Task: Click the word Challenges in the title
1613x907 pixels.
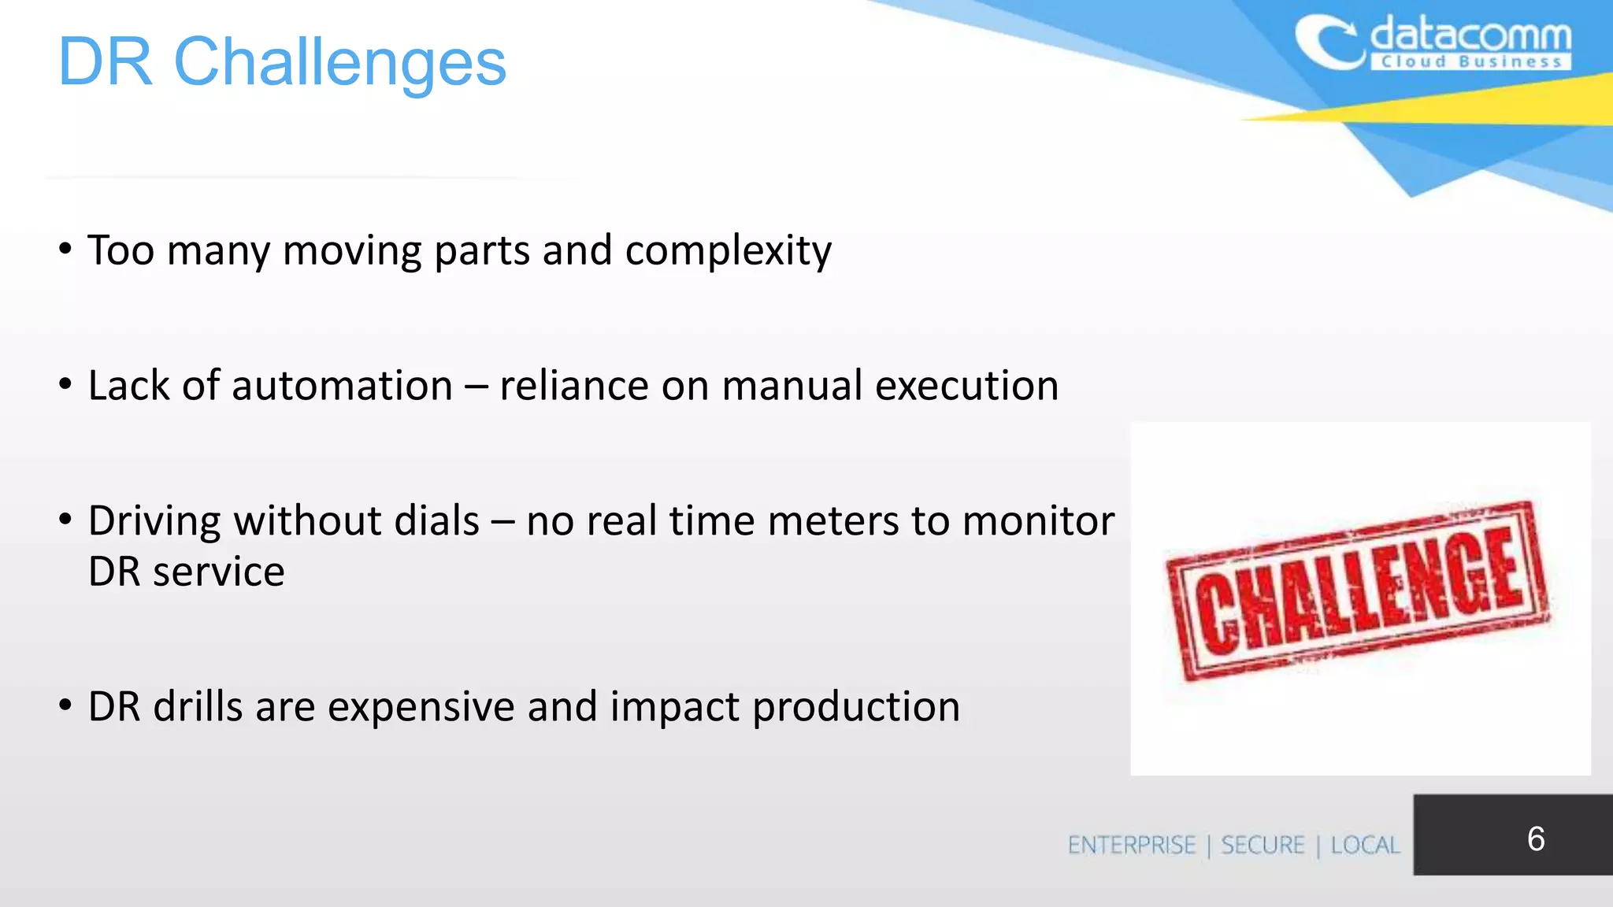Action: coord(339,63)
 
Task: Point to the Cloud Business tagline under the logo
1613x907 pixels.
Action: coord(1471,62)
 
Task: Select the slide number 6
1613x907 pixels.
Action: coord(1535,839)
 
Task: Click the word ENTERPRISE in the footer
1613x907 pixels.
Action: coord(1132,846)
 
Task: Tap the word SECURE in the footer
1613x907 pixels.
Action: coord(1263,846)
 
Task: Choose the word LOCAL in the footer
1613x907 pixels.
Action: coord(1365,846)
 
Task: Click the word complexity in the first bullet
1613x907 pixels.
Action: coord(728,252)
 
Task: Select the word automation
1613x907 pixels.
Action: coord(342,386)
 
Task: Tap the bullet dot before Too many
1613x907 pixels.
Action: coord(65,250)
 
